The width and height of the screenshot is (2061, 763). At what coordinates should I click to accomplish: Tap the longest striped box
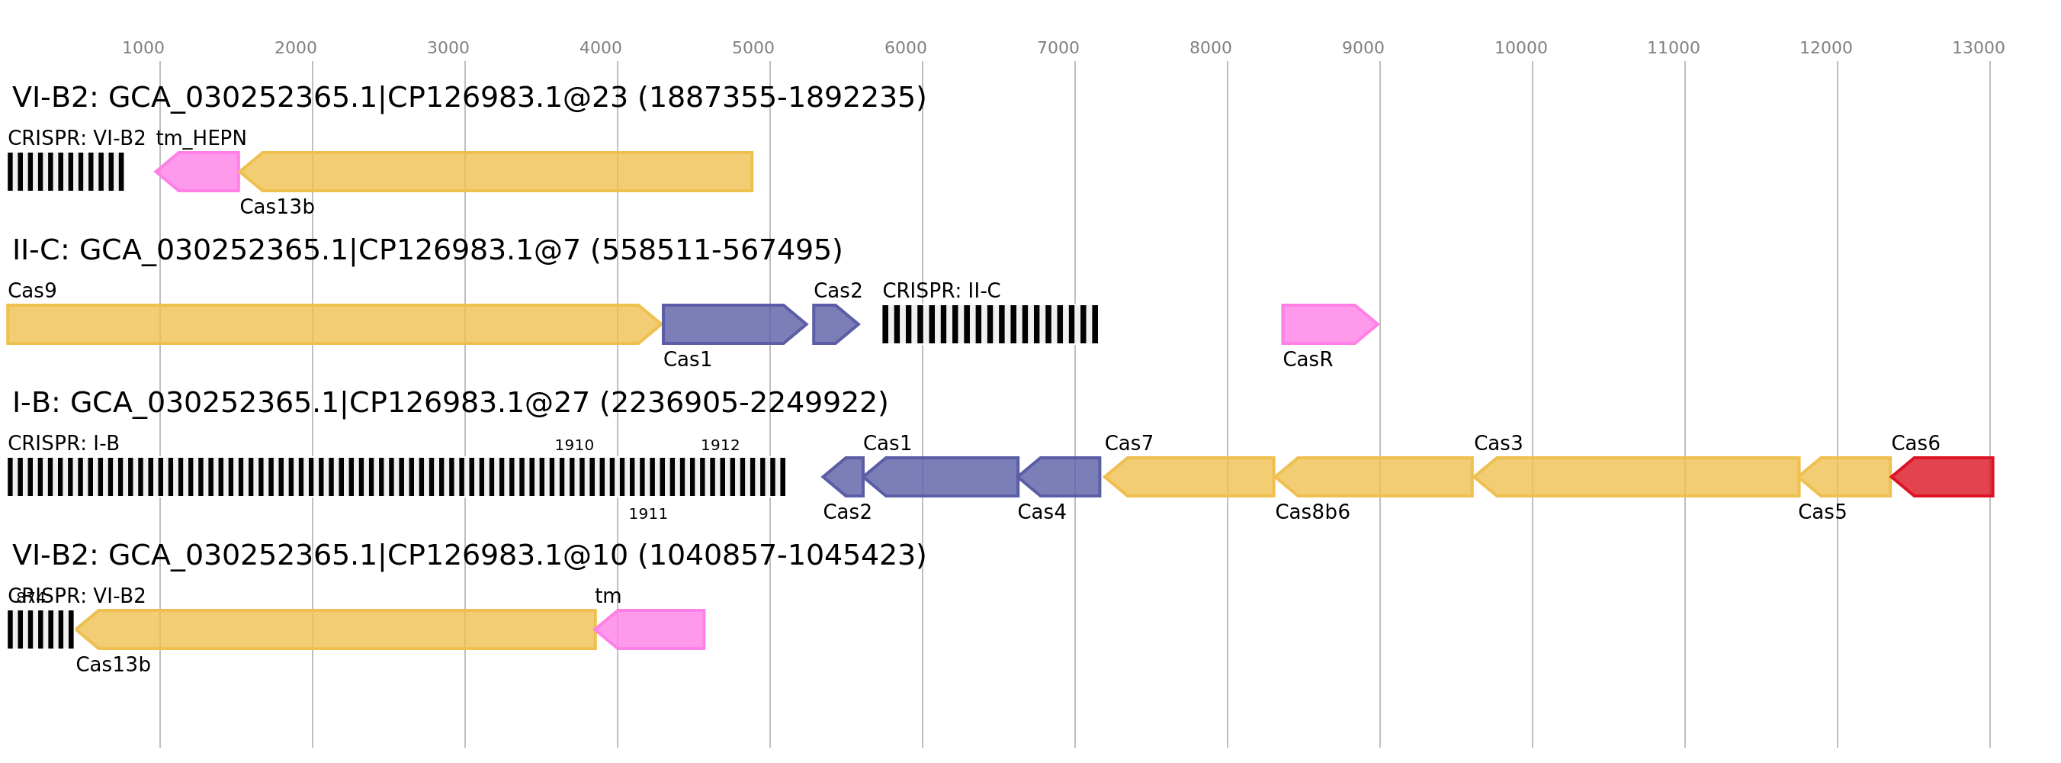tap(396, 476)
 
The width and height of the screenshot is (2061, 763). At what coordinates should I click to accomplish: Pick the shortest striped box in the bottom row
tap(40, 629)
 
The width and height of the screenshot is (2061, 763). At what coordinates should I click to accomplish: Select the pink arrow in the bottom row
tap(651, 629)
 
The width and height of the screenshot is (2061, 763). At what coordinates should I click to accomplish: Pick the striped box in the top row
tap(66, 172)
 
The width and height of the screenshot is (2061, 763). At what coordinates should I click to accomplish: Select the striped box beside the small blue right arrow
tap(990, 324)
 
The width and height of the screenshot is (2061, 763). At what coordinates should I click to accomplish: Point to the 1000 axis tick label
tap(143, 48)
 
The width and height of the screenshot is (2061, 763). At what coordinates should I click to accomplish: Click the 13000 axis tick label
tap(1978, 48)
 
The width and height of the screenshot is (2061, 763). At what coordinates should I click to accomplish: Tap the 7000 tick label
tap(1058, 48)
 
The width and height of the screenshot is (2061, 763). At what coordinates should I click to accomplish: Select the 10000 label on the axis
tap(1520, 48)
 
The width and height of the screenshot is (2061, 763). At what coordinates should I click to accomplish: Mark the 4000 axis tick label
tap(600, 48)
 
